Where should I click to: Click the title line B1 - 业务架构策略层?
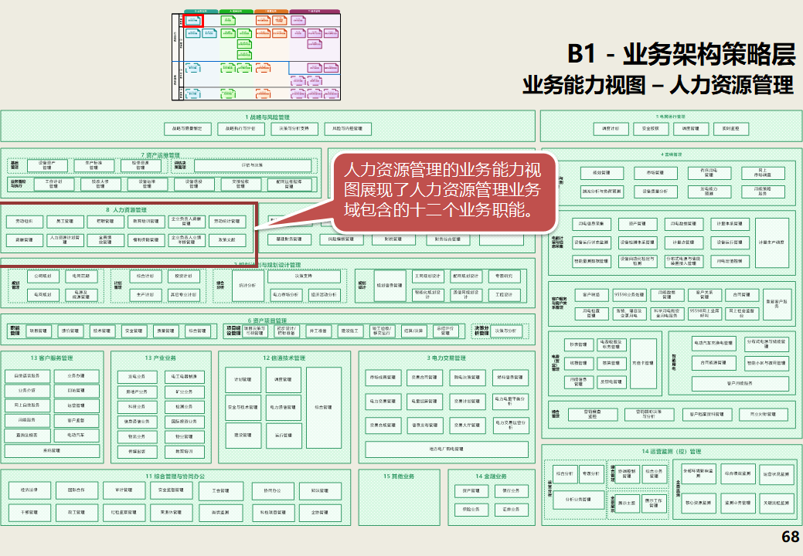681,54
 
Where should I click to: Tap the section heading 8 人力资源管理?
126,210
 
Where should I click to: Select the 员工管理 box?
65,222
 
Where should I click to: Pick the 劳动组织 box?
25,222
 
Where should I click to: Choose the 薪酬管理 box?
25,240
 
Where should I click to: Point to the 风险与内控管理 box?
348,129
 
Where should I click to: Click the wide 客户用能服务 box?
739,382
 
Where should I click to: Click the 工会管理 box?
219,490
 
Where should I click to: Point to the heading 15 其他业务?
400,476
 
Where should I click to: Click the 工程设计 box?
504,295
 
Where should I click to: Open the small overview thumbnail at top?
256,55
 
